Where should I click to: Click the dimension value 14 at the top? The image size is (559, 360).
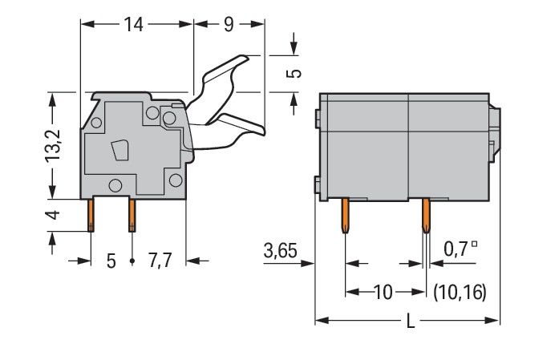[134, 25]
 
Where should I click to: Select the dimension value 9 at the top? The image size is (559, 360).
[229, 25]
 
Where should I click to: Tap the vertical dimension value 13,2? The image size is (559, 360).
[54, 147]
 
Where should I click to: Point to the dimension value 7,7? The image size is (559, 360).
[160, 261]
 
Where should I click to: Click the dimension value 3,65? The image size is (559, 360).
[280, 250]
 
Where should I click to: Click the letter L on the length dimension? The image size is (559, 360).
[411, 322]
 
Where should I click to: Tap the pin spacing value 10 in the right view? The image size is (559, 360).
[383, 293]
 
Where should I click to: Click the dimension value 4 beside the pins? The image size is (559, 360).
[52, 216]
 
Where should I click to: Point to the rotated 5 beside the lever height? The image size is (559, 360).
[294, 74]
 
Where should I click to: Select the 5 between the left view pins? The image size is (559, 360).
[111, 261]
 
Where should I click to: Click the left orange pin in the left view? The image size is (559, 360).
[91, 216]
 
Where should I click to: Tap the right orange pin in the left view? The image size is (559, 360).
[132, 216]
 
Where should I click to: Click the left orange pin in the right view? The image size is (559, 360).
[345, 216]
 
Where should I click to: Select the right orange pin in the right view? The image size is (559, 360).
[426, 216]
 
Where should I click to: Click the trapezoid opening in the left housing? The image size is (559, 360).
[119, 151]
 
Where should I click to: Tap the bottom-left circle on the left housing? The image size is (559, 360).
[115, 185]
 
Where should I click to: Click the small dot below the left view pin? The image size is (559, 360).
[132, 261]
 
